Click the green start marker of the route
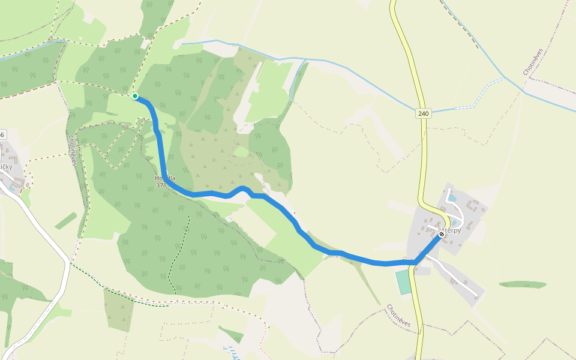(135, 96)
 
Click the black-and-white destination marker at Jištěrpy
(442, 235)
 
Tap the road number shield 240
(424, 113)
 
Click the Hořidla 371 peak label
(164, 181)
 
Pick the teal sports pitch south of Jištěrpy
(404, 282)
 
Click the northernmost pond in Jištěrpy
(452, 198)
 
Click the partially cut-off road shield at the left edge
(2, 134)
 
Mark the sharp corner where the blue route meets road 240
(415, 262)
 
